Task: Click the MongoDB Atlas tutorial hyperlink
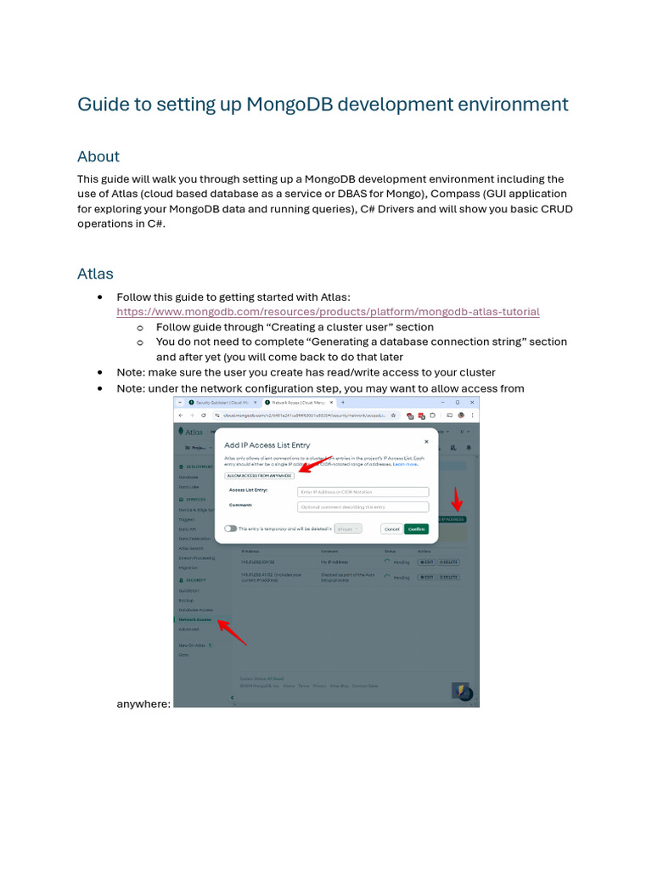(x=328, y=312)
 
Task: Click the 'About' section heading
(x=98, y=156)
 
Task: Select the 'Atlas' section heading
(x=95, y=274)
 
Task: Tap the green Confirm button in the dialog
(x=416, y=528)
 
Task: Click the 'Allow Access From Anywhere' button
(x=259, y=476)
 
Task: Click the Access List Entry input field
(x=363, y=492)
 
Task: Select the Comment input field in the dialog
(x=363, y=506)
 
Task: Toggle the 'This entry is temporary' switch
(x=230, y=528)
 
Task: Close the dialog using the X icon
(x=426, y=442)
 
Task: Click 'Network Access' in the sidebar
(x=195, y=620)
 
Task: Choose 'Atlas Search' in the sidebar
(x=190, y=548)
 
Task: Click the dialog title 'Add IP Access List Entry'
(x=267, y=445)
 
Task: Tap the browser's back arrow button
(x=181, y=415)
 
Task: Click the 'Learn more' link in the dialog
(x=405, y=465)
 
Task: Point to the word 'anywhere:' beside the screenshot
(x=143, y=703)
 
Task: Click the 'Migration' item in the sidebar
(x=188, y=568)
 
